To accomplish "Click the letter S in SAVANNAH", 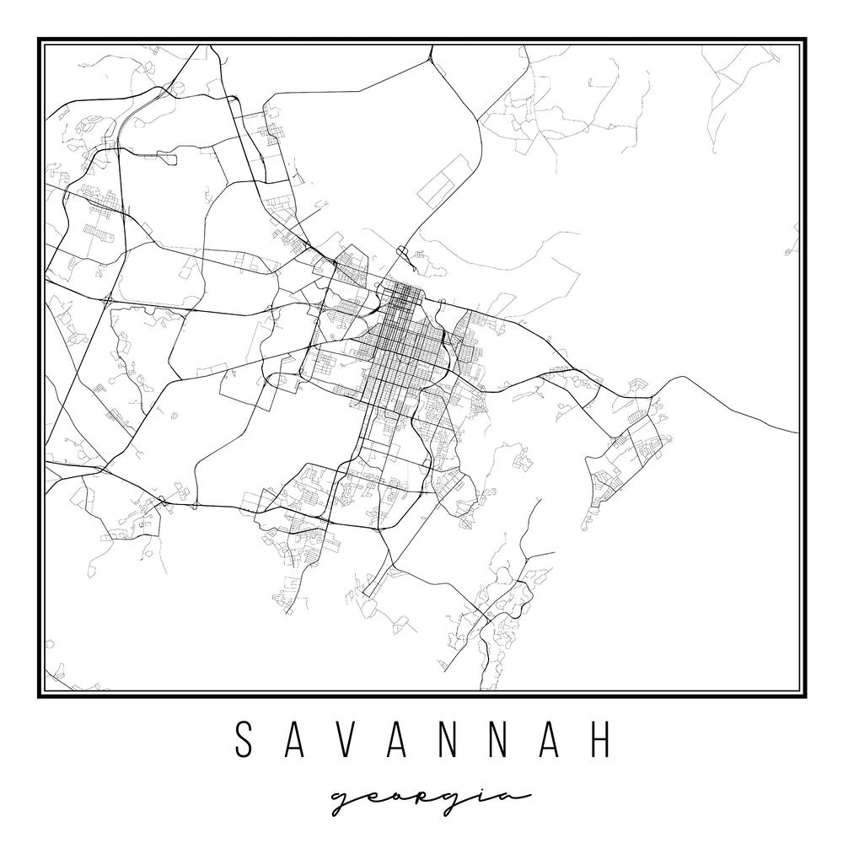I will coord(244,739).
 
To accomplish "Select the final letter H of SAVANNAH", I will coord(599,739).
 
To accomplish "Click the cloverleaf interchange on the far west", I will coord(108,299).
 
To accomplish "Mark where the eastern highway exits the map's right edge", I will coord(797,432).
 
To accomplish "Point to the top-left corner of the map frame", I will coord(39,40).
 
